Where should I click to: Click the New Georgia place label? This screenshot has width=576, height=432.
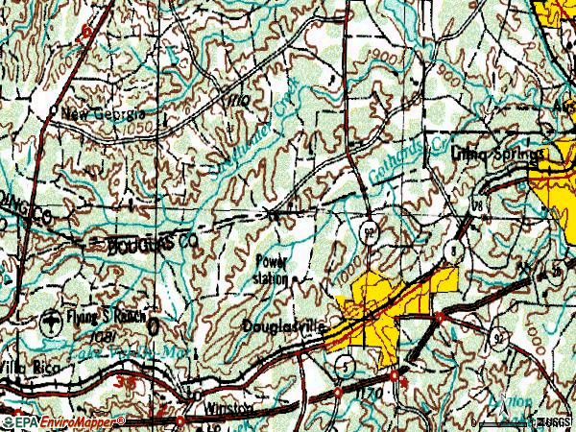[x=96, y=114]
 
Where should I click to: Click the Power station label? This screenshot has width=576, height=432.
[x=271, y=269]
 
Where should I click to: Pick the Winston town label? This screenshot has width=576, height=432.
[x=228, y=408]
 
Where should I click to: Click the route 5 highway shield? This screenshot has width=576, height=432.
[x=344, y=363]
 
